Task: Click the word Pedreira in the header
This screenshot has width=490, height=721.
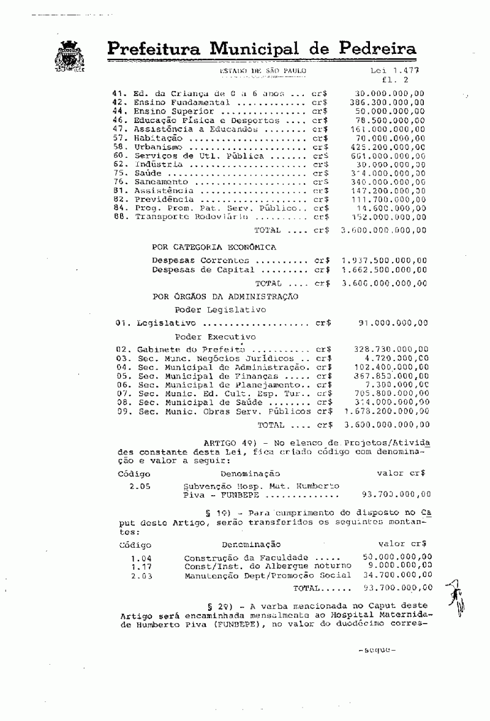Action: click(368, 48)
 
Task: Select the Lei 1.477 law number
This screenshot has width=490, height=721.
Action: click(391, 71)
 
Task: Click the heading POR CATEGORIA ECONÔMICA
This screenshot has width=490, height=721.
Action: click(214, 247)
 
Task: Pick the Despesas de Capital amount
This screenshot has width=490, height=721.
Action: click(384, 269)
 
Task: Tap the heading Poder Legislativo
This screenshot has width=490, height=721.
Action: click(221, 310)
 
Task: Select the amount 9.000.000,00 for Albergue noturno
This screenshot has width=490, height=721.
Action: click(396, 566)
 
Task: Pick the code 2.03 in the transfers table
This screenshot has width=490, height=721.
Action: click(141, 576)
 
